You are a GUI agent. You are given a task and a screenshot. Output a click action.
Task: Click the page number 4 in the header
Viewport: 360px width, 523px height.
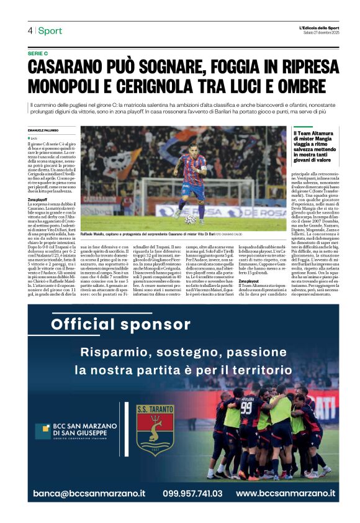[30, 30]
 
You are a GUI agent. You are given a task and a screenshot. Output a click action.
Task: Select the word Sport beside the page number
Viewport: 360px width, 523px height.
[50, 30]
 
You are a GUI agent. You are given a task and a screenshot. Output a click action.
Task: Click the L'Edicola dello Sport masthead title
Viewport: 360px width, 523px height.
[317, 28]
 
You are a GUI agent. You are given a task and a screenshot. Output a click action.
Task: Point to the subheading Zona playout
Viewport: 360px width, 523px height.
[249, 282]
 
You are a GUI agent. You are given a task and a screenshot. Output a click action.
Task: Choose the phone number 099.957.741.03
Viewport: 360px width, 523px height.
[192, 493]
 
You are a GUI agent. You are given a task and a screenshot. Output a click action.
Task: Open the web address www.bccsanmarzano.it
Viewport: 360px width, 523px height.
[286, 493]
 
